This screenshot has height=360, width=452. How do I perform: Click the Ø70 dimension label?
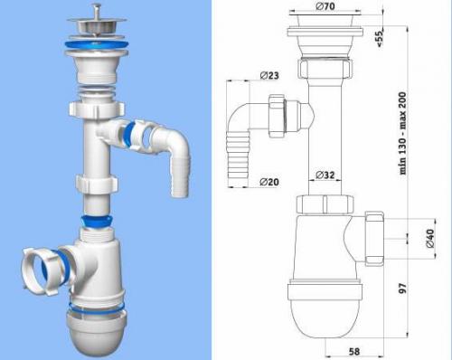[325, 5]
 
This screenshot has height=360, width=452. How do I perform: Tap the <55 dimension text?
[379, 37]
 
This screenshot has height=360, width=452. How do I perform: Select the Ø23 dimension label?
[269, 75]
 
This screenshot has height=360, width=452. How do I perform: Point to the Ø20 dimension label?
[269, 182]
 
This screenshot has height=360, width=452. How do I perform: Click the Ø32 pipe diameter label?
[325, 175]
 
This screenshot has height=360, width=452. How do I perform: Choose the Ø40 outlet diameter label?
[430, 238]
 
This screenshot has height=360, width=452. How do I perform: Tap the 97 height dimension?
[403, 288]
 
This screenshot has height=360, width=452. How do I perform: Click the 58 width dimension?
[354, 352]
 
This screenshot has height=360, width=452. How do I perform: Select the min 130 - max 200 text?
[403, 133]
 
